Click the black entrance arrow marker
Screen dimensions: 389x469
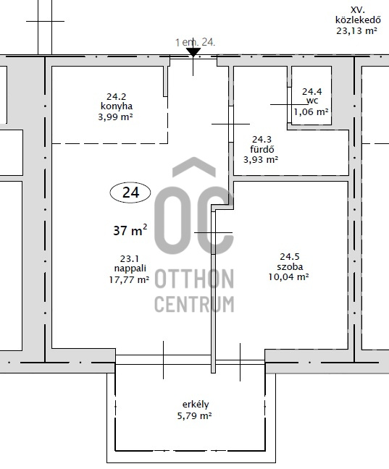[193, 52]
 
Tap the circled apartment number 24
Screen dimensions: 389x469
[130, 193]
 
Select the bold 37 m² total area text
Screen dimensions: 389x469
[130, 230]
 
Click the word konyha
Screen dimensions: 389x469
[117, 106]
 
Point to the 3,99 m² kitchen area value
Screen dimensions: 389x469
[115, 117]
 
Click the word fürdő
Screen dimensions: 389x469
[262, 148]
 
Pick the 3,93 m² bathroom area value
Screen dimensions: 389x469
[261, 159]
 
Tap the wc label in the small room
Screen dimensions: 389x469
[311, 101]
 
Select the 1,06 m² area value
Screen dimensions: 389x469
[311, 112]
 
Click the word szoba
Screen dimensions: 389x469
[290, 266]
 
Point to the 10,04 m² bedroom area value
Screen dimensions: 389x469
[288, 276]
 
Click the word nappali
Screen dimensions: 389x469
[130, 269]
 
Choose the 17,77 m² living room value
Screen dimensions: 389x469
[129, 279]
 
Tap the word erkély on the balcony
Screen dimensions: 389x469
[196, 405]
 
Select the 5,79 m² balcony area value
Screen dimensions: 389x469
[195, 415]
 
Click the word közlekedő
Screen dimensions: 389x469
[358, 20]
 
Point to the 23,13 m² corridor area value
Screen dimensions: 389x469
[356, 30]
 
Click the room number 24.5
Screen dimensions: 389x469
[290, 256]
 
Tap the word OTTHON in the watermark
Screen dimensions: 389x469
[194, 279]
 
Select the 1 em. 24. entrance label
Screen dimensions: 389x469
[195, 43]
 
